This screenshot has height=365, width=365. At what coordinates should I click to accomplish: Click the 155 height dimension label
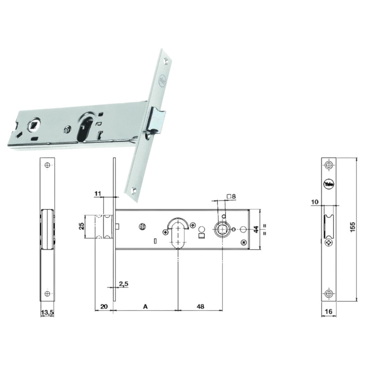coord(352,229)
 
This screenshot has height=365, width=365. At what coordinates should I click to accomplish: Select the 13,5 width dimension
coord(47,312)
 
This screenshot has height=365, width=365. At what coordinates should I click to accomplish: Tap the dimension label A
coord(145,307)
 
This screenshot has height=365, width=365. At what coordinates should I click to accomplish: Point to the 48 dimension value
coord(200,307)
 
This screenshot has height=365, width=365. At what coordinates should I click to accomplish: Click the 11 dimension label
coord(97,194)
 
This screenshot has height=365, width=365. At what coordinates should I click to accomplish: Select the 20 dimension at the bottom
coord(104,307)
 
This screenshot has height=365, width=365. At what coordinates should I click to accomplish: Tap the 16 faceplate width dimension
coord(329,312)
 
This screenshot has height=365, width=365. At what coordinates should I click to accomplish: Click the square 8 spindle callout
coord(231,196)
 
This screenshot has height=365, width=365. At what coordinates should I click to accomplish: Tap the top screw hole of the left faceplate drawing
coord(47,165)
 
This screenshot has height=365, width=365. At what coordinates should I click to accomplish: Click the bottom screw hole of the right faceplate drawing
coord(329,293)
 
